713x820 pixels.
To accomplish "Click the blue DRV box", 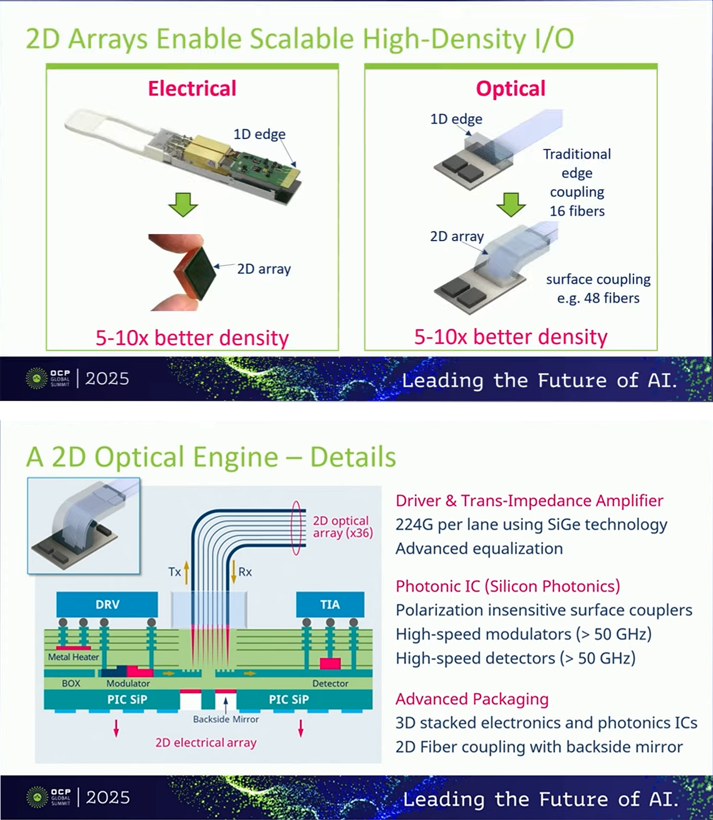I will tap(107, 604).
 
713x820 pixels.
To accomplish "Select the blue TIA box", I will tap(330, 604).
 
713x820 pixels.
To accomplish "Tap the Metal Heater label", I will tap(73, 657).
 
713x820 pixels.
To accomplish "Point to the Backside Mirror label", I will tap(226, 719).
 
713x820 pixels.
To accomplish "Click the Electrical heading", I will tap(192, 89).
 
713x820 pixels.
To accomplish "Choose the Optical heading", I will tap(510, 89).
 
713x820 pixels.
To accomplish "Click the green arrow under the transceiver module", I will tap(183, 204).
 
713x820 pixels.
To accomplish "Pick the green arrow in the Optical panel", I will tap(511, 204).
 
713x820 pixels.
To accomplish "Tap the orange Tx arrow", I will tap(187, 572).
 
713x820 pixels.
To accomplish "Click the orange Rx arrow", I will tap(234, 572).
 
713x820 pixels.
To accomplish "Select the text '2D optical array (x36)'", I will tap(342, 527).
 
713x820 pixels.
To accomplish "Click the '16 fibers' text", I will tap(577, 211).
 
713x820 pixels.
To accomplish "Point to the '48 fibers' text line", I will tap(598, 298).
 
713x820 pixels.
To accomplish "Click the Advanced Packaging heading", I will tap(472, 699).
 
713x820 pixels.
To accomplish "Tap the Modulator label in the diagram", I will tap(128, 683).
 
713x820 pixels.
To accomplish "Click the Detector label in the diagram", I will tap(330, 683).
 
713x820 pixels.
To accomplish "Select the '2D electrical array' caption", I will tap(206, 743).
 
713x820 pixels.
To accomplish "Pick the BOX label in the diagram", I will tap(71, 683).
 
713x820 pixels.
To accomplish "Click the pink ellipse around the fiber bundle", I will tap(296, 527).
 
